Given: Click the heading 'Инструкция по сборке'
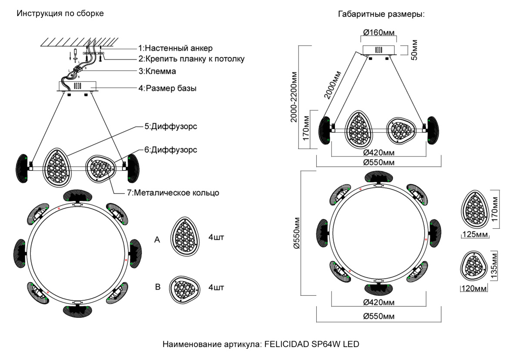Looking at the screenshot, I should (60, 13).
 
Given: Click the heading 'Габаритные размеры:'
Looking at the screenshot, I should (381, 14).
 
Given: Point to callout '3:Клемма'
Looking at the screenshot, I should (157, 71).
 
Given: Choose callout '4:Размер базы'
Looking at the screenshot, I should (167, 89).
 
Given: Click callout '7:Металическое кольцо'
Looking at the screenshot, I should (176, 193).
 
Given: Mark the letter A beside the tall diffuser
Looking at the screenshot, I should (157, 239).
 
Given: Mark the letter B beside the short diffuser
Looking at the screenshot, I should (157, 287).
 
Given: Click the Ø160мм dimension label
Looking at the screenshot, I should (379, 32).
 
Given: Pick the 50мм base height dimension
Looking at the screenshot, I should (414, 50).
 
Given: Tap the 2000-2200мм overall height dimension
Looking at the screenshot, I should (294, 97).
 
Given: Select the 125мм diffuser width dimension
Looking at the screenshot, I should (475, 235).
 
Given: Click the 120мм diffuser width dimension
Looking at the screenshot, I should (474, 289).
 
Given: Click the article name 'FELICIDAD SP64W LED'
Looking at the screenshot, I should (310, 345).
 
